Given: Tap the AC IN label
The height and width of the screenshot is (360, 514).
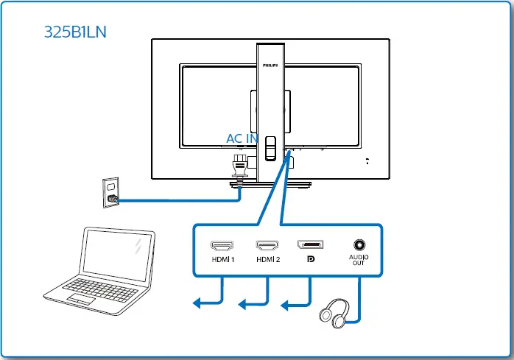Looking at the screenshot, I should tap(242, 138).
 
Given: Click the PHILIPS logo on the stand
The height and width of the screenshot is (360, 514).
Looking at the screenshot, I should tap(270, 65).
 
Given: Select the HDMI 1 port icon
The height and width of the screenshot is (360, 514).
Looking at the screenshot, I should tap(222, 244).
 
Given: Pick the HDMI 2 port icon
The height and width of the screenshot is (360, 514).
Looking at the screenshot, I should tap(268, 244).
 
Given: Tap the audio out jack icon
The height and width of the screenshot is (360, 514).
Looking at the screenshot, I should tap(359, 244).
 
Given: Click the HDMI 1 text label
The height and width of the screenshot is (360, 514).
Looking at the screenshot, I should tap(222, 259).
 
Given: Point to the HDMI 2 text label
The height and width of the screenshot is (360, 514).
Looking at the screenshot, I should tap(268, 259).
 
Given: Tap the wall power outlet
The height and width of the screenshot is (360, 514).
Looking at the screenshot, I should tap(111, 193).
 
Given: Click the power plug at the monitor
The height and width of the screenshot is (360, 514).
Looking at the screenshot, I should tap(239, 167).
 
